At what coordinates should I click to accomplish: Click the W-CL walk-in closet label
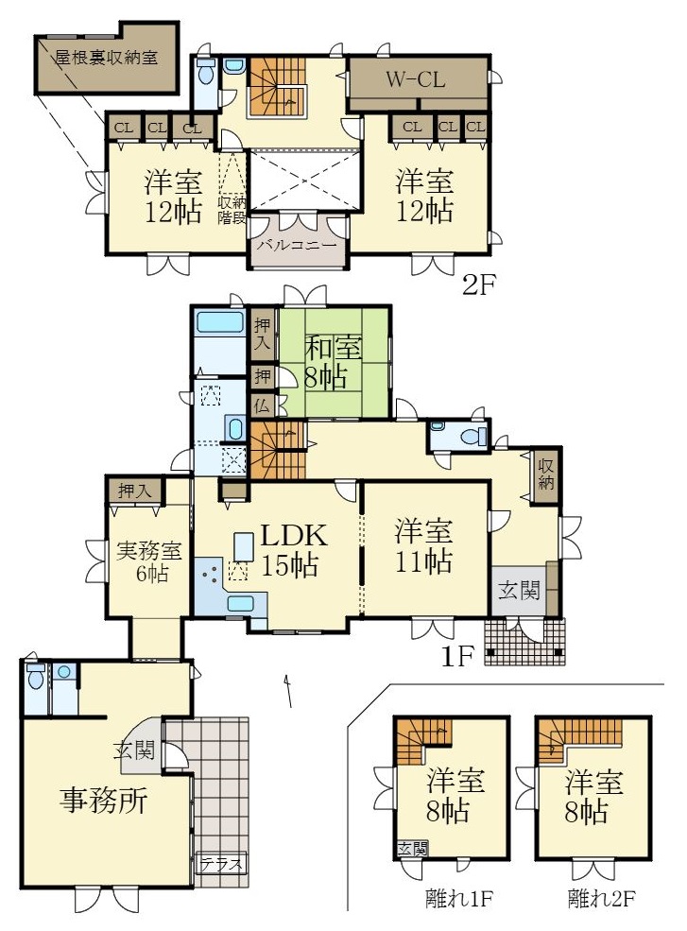tap(415, 79)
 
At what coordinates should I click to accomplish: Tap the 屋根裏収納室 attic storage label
tap(106, 58)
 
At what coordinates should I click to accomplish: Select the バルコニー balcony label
tap(297, 245)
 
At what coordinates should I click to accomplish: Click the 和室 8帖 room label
tap(333, 362)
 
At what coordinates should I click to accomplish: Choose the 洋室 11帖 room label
tap(424, 545)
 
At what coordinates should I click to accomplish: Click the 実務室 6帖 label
tap(147, 561)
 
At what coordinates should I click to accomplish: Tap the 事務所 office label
tap(103, 801)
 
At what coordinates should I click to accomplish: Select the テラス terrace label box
tap(221, 863)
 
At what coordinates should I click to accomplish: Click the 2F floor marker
tap(478, 286)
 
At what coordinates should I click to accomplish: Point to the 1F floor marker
tap(456, 656)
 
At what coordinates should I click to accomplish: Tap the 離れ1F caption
tap(459, 898)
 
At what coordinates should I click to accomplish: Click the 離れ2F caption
tap(602, 898)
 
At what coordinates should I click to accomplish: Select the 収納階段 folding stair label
tap(232, 210)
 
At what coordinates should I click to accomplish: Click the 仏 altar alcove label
tap(262, 406)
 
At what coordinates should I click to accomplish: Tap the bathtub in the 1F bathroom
tap(219, 324)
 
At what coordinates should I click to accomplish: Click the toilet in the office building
tap(36, 676)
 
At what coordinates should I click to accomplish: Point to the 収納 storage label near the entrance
tap(545, 474)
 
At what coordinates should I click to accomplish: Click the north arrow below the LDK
tap(288, 691)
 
